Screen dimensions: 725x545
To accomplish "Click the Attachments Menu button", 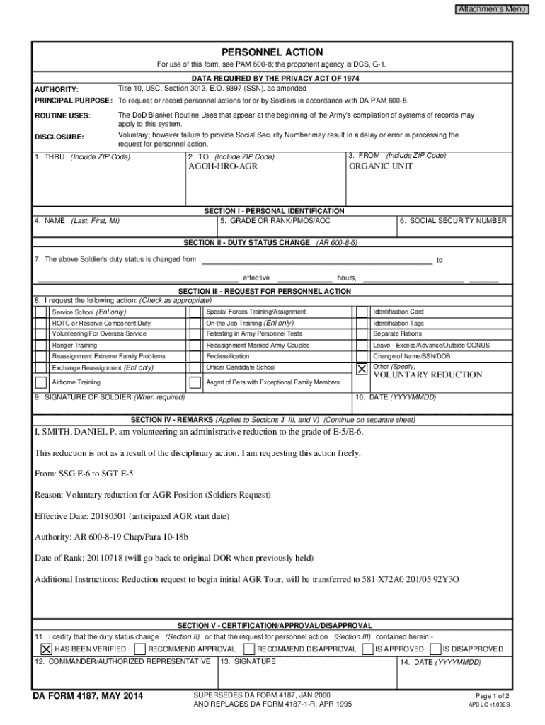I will pyautogui.click(x=491, y=9).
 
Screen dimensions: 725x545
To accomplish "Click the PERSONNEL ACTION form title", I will pyautogui.click(x=272, y=52).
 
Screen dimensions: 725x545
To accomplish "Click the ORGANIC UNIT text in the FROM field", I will pyautogui.click(x=380, y=166).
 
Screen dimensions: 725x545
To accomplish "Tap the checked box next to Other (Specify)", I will pyautogui.click(x=362, y=370).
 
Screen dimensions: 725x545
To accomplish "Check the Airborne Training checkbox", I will pyautogui.click(x=42, y=382).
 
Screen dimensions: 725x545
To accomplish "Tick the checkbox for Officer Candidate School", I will pyautogui.click(x=195, y=368).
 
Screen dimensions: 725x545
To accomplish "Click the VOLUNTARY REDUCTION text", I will pyautogui.click(x=428, y=375).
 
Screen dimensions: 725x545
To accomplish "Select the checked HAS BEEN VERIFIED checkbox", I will pyautogui.click(x=46, y=649).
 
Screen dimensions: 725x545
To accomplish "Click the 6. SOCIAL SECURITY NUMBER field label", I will pyautogui.click(x=453, y=221).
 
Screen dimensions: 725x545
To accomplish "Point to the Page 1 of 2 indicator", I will pyautogui.click(x=493, y=695).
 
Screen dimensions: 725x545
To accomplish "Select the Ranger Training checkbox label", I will pyautogui.click(x=74, y=346).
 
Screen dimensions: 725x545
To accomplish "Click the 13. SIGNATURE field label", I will pyautogui.click(x=248, y=662).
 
